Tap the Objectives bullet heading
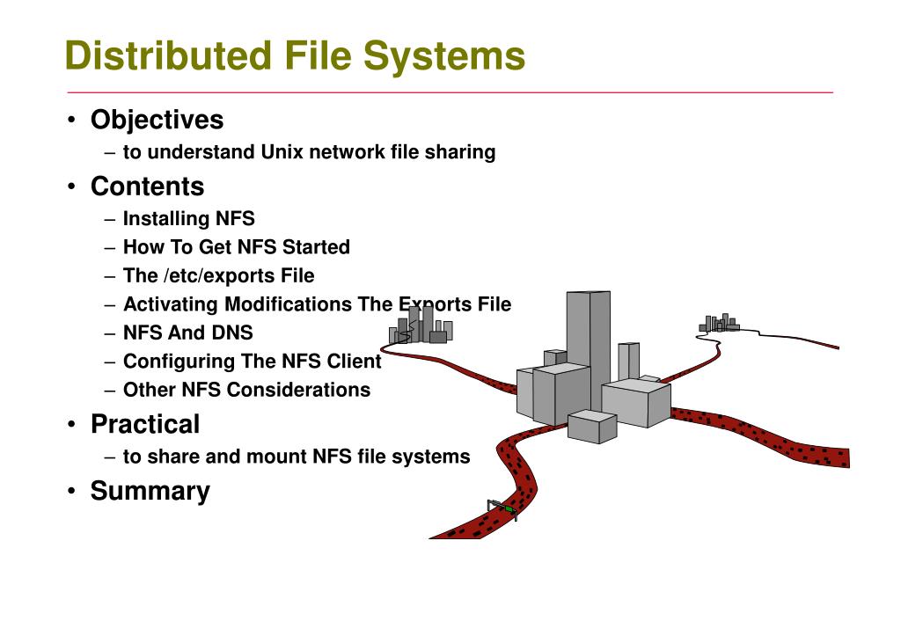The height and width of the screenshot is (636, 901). [x=157, y=120]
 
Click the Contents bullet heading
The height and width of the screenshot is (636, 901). [x=147, y=186]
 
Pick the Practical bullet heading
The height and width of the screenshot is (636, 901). [x=145, y=424]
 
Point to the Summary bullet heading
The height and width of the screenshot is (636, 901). [x=150, y=491]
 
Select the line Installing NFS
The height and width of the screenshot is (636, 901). [x=188, y=218]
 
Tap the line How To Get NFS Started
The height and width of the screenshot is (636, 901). [x=236, y=247]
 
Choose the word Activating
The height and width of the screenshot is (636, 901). [x=171, y=304]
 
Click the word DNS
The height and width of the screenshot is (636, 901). [x=231, y=333]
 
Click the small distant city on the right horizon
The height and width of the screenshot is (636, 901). [x=719, y=324]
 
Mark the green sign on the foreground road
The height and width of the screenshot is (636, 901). [x=509, y=508]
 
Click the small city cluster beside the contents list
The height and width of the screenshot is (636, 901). [x=421, y=327]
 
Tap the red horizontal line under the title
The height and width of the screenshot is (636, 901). [x=449, y=92]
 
